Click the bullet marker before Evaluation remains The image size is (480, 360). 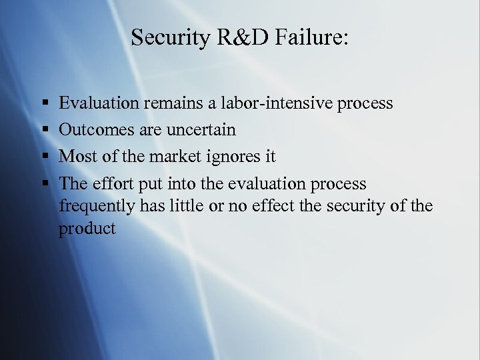click(43, 104)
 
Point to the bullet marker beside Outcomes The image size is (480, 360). click(43, 129)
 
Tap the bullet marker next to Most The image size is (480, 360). click(43, 157)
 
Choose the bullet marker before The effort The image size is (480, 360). click(43, 183)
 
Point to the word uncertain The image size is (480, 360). click(200, 129)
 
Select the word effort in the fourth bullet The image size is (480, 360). click(114, 183)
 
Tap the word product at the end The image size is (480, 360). click(87, 229)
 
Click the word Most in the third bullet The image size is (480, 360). click(75, 157)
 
